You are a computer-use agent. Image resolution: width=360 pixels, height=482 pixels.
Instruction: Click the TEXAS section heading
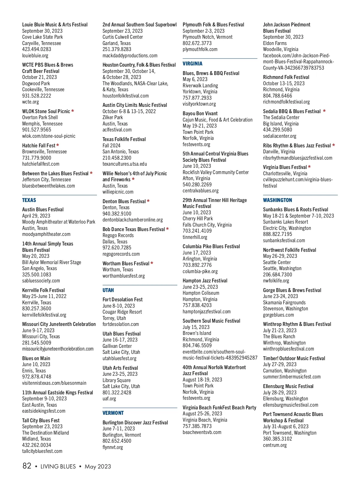pyautogui.click(x=29, y=200)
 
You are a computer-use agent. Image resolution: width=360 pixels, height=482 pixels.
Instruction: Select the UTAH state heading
pyautogui.click(x=108, y=290)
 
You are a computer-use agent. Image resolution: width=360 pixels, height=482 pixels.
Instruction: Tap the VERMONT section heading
pyautogui.click(x=113, y=413)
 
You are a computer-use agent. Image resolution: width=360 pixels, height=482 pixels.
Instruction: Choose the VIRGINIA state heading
pyautogui.click(x=193, y=64)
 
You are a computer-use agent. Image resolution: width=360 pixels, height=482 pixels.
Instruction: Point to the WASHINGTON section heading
pyautogui.click(x=277, y=200)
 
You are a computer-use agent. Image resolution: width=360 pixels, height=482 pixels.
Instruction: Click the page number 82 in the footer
pyautogui.click(x=27, y=466)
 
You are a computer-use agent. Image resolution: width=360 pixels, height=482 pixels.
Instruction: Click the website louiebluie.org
pyautogui.click(x=35, y=56)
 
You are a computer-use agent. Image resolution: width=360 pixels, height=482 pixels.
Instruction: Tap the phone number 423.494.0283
pyautogui.click(x=37, y=49)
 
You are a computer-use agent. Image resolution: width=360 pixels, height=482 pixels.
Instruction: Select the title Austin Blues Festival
pyautogui.click(x=43, y=209)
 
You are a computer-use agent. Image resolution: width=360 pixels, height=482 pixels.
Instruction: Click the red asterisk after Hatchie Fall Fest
pyautogui.click(x=58, y=146)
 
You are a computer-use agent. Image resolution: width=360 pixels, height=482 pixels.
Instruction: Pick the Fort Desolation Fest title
pyautogui.click(x=122, y=300)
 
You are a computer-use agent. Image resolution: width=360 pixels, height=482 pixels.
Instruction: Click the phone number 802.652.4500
pyautogui.click(x=117, y=441)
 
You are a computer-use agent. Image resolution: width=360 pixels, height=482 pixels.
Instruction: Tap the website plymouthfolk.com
pyautogui.click(x=200, y=49)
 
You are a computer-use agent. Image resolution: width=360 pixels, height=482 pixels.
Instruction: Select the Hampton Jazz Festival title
pyautogui.click(x=205, y=281)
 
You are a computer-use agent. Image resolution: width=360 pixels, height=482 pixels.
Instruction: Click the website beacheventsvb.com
pyautogui.click(x=202, y=432)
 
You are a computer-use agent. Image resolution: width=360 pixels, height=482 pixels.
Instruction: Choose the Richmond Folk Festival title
pyautogui.click(x=286, y=77)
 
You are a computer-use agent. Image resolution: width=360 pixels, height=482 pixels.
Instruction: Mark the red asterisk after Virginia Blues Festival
pyautogui.click(x=309, y=167)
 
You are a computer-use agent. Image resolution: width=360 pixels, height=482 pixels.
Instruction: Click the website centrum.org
pyautogui.click(x=275, y=445)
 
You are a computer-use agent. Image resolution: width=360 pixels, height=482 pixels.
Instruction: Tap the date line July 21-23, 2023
pyautogui.click(x=280, y=330)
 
